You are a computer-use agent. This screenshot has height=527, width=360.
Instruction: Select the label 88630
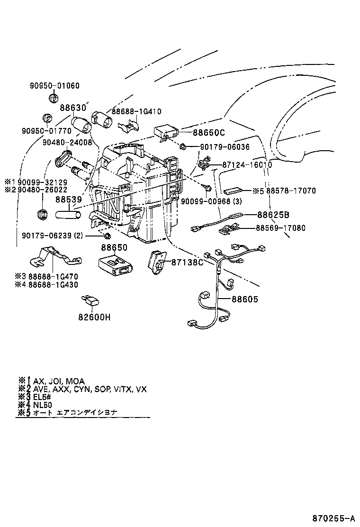point(74,108)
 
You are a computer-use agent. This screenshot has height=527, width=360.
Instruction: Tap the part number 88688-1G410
point(136,112)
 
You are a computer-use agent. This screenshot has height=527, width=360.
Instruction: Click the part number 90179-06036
point(224,147)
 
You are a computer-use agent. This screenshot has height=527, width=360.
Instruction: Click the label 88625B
point(274,214)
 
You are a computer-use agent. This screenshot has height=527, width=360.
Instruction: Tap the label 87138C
point(187,262)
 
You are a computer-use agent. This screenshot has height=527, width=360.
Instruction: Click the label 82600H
point(94,317)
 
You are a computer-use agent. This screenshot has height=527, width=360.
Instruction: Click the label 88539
point(69,200)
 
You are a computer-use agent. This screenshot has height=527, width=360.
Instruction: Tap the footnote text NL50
point(43,405)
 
